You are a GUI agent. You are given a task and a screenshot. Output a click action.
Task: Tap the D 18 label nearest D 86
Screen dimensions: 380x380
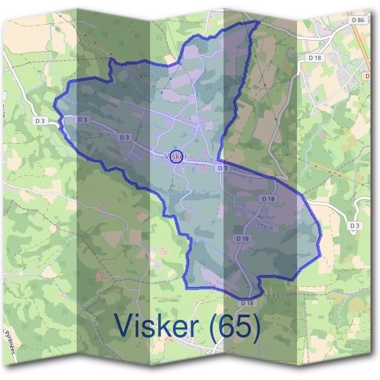point(315,58)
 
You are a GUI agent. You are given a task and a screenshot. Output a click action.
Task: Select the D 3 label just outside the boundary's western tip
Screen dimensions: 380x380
point(41,120)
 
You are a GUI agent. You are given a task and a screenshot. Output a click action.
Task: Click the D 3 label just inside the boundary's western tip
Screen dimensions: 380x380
point(83,119)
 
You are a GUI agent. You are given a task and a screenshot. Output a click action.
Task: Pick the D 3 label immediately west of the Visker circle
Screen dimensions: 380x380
point(123,137)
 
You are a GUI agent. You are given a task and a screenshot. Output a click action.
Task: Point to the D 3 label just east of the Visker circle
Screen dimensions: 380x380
point(221,168)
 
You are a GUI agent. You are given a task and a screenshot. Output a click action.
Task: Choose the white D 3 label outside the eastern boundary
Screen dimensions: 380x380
point(355,225)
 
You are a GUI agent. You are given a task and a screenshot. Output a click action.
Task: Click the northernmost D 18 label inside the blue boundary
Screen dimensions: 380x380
point(269,199)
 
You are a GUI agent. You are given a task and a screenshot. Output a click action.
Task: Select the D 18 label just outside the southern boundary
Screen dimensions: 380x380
point(247,303)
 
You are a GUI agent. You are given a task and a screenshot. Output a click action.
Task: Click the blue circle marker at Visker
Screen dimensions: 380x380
point(177,156)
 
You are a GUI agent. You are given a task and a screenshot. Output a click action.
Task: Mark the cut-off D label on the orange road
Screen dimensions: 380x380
point(367,76)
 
